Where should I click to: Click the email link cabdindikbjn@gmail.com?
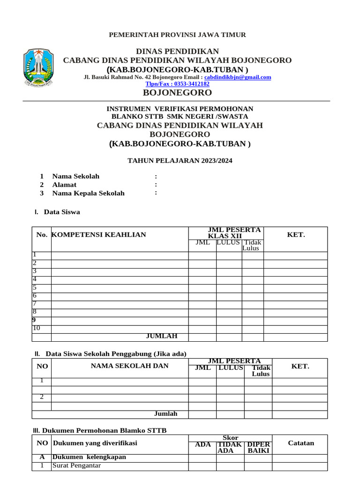click(238, 77)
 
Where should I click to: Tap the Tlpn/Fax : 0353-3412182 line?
click(177, 83)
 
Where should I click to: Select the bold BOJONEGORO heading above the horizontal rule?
click(177, 92)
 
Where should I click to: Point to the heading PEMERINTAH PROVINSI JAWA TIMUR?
click(177, 35)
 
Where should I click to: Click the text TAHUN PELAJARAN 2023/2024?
click(180, 161)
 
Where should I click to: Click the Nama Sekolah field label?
click(75, 176)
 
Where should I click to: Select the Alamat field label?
click(64, 185)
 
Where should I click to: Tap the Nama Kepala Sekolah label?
click(88, 193)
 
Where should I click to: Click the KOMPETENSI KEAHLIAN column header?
click(98, 235)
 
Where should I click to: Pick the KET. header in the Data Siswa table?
click(295, 235)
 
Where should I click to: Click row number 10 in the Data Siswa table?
click(37, 328)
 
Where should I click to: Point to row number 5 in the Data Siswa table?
click(34, 287)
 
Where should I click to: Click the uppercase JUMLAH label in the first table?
click(162, 336)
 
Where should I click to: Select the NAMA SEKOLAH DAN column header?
click(129, 366)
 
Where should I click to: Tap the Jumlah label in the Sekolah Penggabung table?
click(165, 414)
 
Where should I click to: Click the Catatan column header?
click(300, 443)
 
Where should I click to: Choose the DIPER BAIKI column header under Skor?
click(258, 447)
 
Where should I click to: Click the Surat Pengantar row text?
click(76, 465)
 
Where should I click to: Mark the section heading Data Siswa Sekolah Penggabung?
click(116, 353)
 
